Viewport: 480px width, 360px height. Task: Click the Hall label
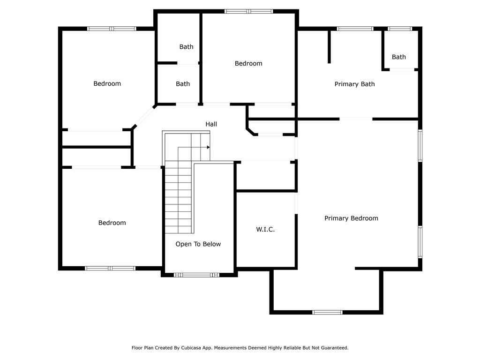click(x=211, y=124)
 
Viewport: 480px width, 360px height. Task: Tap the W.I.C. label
click(x=265, y=230)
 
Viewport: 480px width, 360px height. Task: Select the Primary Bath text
click(x=354, y=84)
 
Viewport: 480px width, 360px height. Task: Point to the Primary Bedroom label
click(x=351, y=218)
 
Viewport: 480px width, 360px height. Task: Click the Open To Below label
click(x=198, y=244)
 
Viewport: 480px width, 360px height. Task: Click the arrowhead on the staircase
click(x=208, y=147)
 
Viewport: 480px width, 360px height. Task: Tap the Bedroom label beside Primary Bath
click(x=248, y=64)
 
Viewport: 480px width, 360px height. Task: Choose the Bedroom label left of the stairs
click(x=112, y=223)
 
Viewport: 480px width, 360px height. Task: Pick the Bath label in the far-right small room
click(x=399, y=57)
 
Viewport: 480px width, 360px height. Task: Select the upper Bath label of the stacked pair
click(x=186, y=47)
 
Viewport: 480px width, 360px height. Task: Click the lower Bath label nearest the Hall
click(x=183, y=84)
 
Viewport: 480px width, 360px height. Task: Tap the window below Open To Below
click(x=196, y=275)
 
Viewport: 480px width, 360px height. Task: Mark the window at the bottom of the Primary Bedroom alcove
click(x=327, y=312)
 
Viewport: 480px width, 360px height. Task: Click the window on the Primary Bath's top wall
click(x=355, y=29)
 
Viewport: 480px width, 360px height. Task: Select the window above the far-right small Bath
click(x=400, y=29)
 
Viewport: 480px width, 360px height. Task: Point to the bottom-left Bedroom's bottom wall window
click(x=110, y=268)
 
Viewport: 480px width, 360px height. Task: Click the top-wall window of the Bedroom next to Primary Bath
click(x=248, y=11)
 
